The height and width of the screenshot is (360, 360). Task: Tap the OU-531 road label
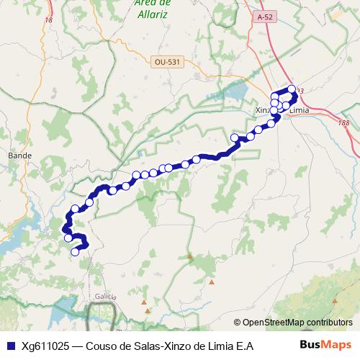[166, 62]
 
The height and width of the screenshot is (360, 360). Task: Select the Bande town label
[15, 155]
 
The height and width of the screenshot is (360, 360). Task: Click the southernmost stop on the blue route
[75, 251]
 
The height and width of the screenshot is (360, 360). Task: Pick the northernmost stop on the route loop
[292, 89]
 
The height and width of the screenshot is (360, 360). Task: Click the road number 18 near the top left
[49, 20]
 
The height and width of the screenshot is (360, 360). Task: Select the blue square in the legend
[9, 346]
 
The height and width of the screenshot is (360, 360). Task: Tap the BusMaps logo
[325, 345]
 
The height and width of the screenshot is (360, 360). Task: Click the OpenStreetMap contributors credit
[297, 322]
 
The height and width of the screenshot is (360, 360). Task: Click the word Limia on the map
[298, 110]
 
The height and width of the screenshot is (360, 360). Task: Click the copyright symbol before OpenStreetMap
[237, 322]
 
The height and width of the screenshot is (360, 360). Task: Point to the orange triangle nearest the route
[190, 256]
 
